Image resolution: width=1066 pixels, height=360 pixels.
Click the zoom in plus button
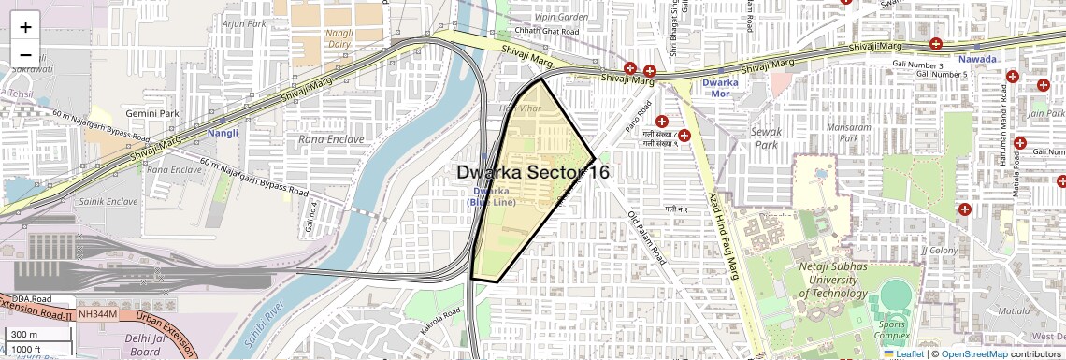pyautogui.click(x=25, y=27)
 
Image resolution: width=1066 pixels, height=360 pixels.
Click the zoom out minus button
pyautogui.click(x=25, y=54)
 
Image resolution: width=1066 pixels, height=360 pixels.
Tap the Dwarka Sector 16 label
pyautogui.click(x=533, y=172)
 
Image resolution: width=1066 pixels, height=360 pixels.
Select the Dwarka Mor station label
pyautogui.click(x=720, y=89)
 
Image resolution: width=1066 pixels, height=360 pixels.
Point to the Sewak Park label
pyautogui.click(x=766, y=138)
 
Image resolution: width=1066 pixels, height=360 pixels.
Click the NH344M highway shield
pyautogui.click(x=97, y=314)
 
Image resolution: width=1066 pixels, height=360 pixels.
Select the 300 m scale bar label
pyautogui.click(x=24, y=335)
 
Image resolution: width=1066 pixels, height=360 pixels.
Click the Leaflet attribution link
pyautogui.click(x=903, y=353)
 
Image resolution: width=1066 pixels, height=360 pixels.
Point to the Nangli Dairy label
pyautogui.click(x=338, y=38)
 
